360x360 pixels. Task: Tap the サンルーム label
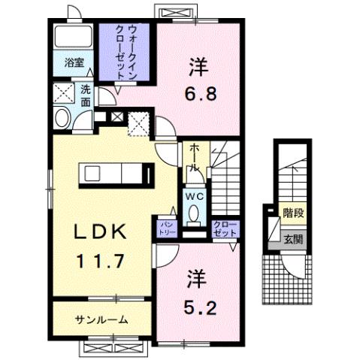point(99,319)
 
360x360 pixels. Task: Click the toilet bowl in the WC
point(194,213)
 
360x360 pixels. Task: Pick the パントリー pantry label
point(165,228)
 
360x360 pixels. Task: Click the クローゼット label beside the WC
point(222,228)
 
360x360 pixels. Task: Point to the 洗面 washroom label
point(86,96)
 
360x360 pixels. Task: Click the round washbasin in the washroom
point(62,117)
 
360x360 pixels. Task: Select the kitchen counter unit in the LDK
point(109,174)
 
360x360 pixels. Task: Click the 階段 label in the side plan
point(292,213)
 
